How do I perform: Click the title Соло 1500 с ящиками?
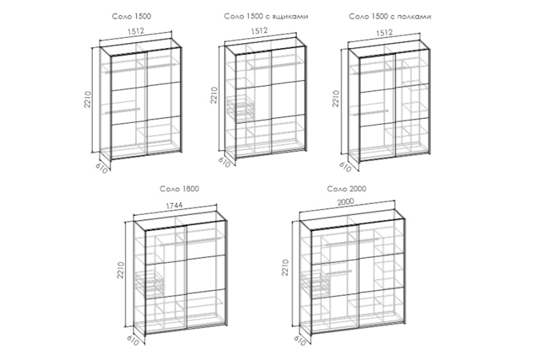pos(266,16)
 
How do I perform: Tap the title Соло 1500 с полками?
pos(390,16)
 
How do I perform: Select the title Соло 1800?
pos(180,189)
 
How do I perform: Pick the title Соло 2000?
pos(346,189)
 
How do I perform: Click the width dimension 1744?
pos(174,205)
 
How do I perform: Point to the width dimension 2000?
pos(346,201)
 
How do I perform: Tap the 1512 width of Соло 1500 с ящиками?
pos(259,30)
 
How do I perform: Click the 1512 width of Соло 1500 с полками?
pos(384,32)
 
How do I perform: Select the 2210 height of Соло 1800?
pos(120,270)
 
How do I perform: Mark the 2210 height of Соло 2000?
pos(285,267)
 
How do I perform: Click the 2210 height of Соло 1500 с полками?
pos(335,99)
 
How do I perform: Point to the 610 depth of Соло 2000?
pos(300,340)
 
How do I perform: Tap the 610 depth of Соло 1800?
pos(133,340)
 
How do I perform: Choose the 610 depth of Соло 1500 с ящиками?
pos(224,162)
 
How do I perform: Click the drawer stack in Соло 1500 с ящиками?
pos(241,107)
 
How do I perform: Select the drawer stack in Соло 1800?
pos(150,283)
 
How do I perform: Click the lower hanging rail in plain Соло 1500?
pos(123,111)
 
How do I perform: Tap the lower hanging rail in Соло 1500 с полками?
pos(371,113)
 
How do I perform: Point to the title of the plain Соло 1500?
pos(132,16)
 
